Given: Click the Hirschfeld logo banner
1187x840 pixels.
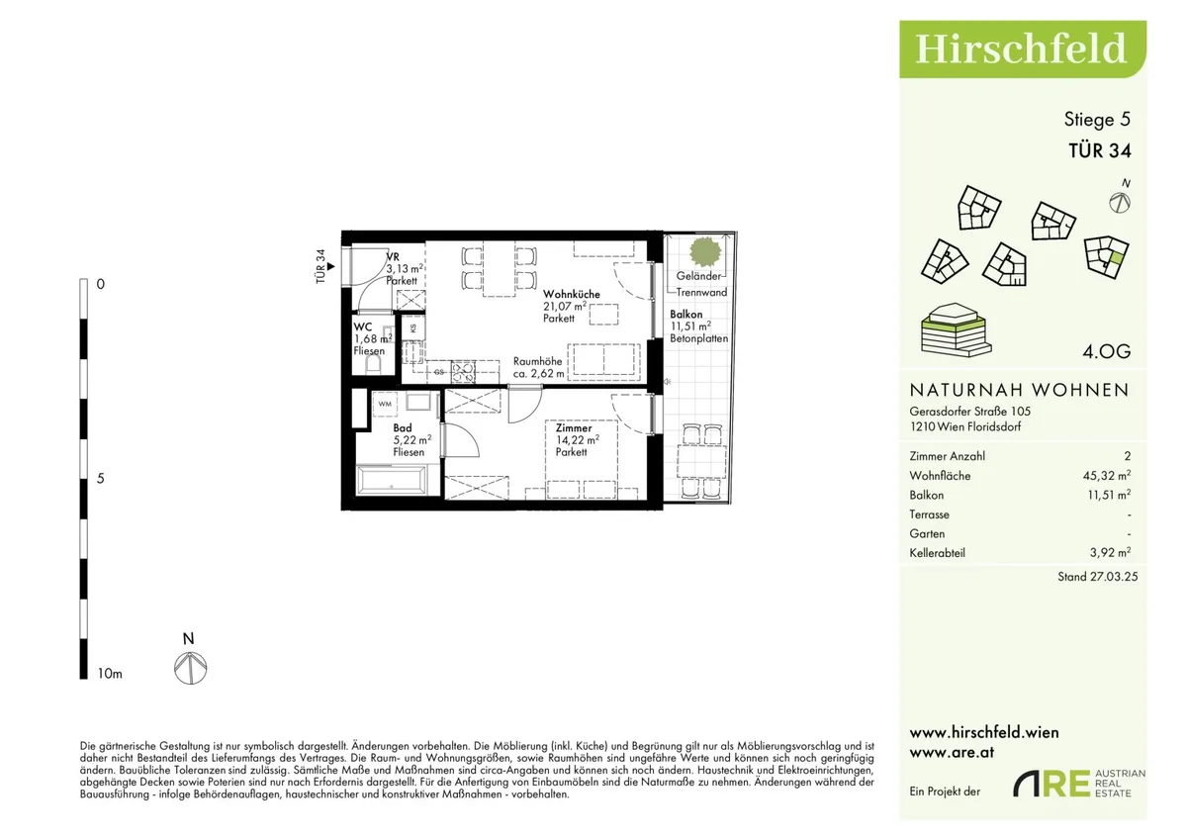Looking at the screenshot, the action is coord(1023,49).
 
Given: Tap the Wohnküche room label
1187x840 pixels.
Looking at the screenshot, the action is coord(572,294).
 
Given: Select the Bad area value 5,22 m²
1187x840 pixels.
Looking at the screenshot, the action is coord(412,440).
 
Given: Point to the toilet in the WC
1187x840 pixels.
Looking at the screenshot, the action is coord(374,364).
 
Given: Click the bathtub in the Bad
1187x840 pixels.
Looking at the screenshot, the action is coord(392,481).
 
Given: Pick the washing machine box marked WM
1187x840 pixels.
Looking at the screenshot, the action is coord(385,404).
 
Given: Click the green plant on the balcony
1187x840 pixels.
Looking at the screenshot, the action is coord(705,251).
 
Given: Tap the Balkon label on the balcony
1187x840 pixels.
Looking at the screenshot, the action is coord(685,315).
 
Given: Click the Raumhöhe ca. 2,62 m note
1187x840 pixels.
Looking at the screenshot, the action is coord(538,367).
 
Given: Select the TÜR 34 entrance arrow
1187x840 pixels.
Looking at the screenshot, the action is coord(331,266).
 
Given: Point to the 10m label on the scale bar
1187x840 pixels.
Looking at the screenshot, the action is coord(110,674).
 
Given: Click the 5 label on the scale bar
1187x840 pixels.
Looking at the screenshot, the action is coord(100,479).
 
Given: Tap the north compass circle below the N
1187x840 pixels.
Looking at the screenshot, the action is coord(191,668).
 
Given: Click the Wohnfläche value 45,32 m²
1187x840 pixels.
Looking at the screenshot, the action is coord(1107,475).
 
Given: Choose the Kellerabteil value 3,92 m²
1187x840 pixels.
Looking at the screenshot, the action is coord(1110,553).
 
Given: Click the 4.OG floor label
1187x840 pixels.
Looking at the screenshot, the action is coord(1107,351).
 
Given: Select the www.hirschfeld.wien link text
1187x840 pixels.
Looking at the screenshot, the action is coord(984,733).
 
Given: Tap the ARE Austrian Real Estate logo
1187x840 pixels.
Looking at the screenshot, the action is coord(1079,784).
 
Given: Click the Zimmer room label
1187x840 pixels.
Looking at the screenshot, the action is coord(574,427).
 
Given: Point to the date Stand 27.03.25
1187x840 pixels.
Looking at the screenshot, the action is coord(1097,577).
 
